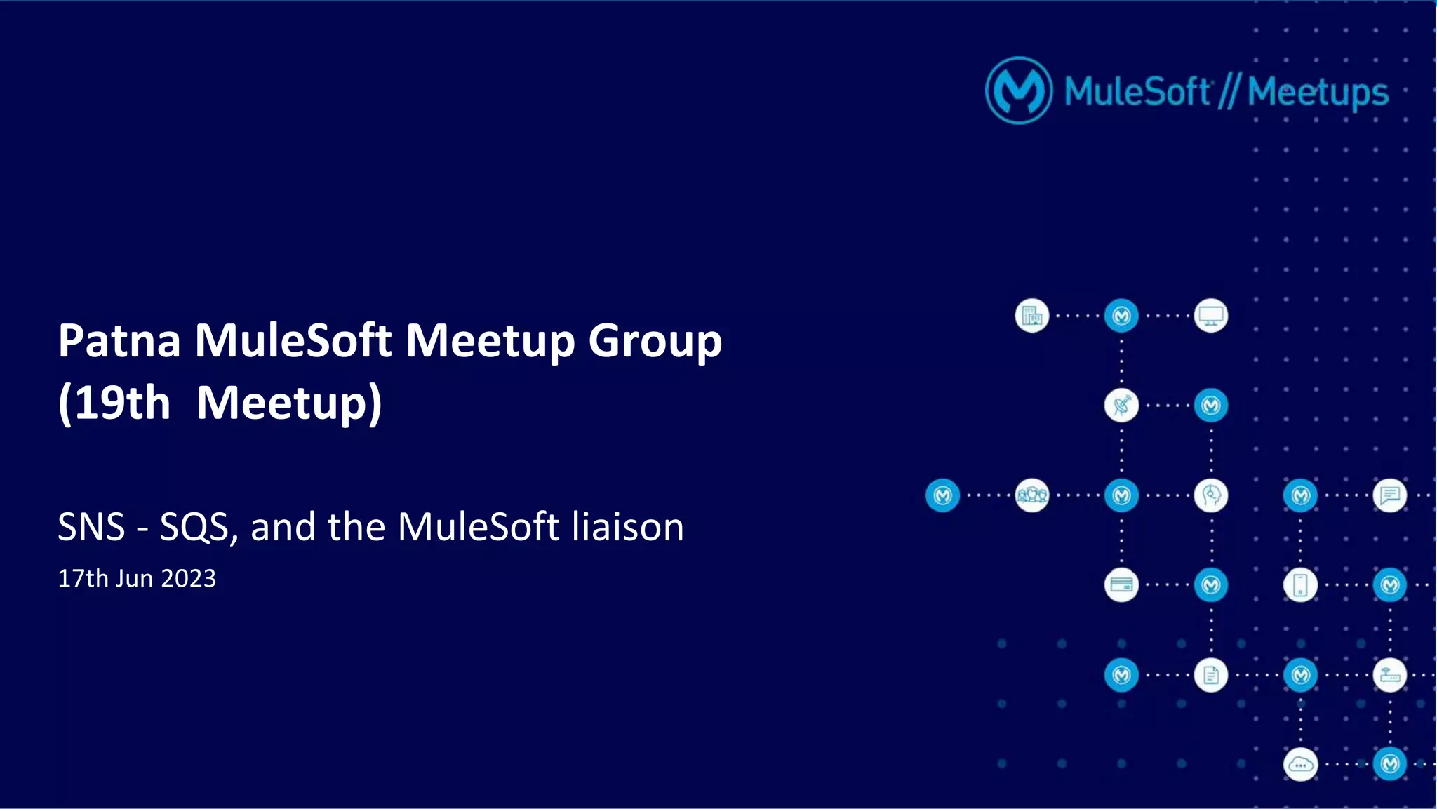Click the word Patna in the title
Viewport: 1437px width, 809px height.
click(119, 341)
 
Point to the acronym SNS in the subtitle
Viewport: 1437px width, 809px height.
click(91, 527)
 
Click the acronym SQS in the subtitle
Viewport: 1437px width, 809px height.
click(194, 527)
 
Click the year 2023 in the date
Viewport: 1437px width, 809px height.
click(189, 579)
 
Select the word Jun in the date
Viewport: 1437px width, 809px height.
click(134, 579)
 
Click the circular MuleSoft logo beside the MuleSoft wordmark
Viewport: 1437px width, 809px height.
click(1018, 91)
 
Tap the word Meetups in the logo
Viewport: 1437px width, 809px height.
click(1318, 93)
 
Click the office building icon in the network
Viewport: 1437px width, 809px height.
click(1031, 316)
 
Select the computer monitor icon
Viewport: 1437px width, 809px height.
click(1211, 316)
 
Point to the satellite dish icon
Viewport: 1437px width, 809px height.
click(1121, 406)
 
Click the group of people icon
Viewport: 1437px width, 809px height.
click(1031, 495)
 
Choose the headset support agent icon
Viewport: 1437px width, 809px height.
click(1211, 495)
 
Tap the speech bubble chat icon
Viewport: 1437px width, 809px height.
click(1390, 495)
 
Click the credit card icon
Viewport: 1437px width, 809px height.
click(1121, 585)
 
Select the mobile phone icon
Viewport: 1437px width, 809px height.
click(1300, 585)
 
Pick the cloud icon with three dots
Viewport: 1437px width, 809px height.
click(1300, 765)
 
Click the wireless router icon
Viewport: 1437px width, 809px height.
click(1390, 675)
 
